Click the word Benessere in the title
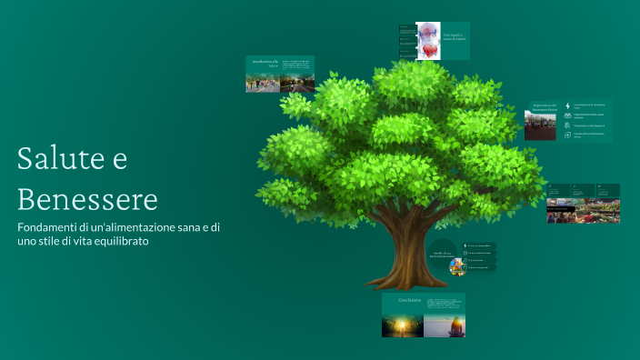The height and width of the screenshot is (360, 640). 87,197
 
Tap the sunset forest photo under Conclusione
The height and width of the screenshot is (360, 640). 403,325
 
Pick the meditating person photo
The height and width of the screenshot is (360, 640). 445,325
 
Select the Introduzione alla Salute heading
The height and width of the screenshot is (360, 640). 264,64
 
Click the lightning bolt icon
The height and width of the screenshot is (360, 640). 567,105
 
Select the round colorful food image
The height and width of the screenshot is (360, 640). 456,267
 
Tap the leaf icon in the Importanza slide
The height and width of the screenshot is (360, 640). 567,126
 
